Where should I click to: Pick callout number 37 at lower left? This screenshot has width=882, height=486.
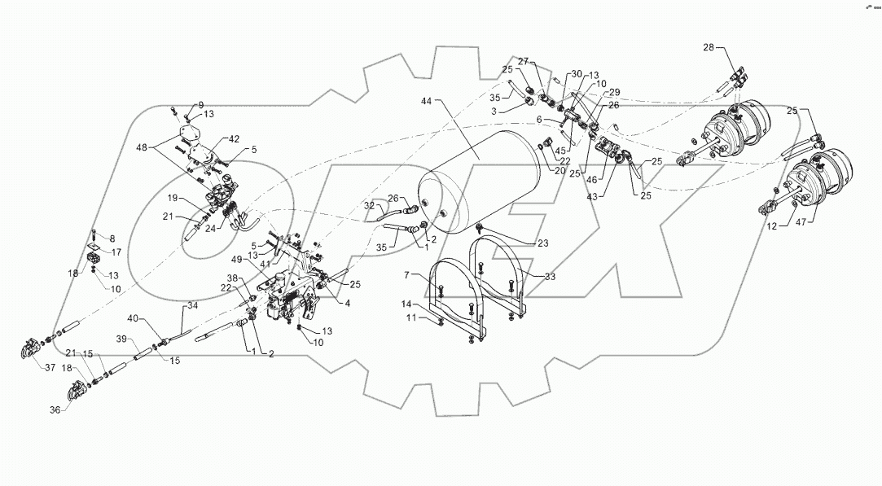click(50, 368)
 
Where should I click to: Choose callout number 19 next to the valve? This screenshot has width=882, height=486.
click(173, 198)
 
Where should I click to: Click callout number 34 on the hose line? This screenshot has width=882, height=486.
click(193, 305)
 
